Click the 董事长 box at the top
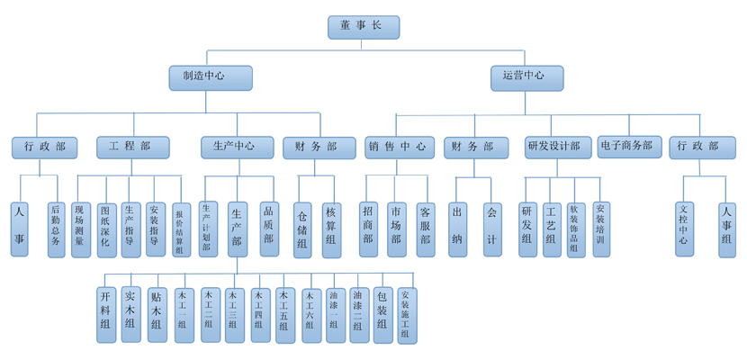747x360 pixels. tap(364, 27)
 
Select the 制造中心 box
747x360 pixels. tap(198, 77)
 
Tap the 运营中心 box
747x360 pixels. tap(526, 77)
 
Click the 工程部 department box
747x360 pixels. tap(130, 146)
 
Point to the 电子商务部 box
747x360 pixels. tap(630, 146)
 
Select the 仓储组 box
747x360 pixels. tap(304, 229)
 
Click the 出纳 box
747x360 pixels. tap(457, 229)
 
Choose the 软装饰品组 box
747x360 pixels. tap(575, 229)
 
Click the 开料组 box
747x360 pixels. tap(105, 312)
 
